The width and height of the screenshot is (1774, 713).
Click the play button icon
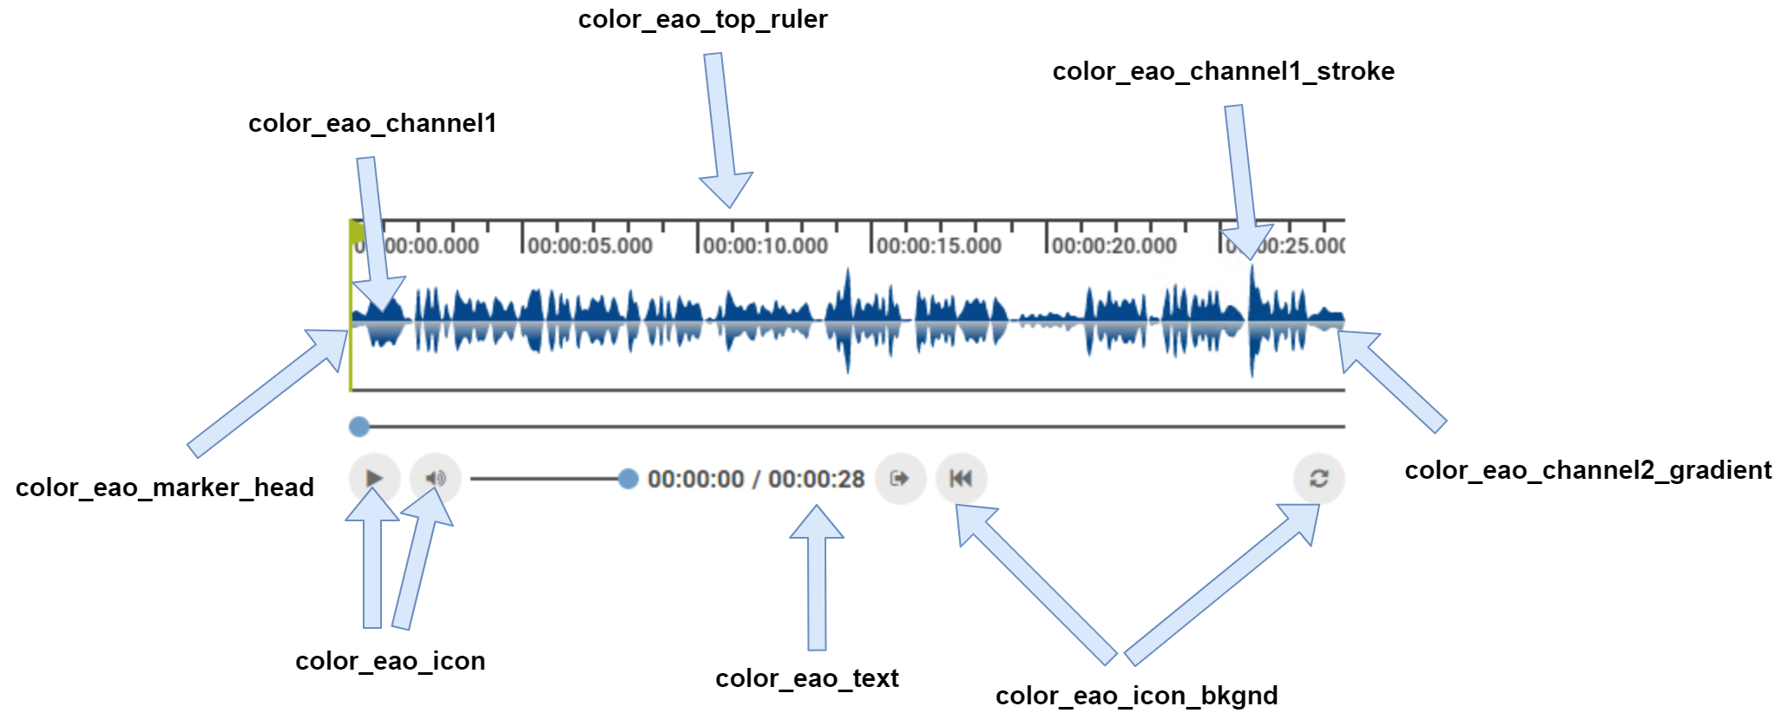(x=374, y=478)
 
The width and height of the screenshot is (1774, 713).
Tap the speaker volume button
(x=436, y=478)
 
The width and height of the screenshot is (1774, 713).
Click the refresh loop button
(x=1318, y=478)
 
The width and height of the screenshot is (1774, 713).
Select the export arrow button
(x=900, y=478)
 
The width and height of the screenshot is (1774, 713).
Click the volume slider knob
(x=627, y=478)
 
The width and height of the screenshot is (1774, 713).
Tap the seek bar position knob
(x=358, y=426)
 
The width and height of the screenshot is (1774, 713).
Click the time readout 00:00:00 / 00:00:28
(x=756, y=479)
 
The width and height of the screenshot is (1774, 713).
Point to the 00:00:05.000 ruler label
(x=590, y=246)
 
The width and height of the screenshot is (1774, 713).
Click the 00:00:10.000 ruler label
(x=765, y=246)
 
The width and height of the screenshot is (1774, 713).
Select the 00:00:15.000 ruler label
(x=939, y=246)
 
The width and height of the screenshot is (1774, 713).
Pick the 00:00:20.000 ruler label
(x=1114, y=246)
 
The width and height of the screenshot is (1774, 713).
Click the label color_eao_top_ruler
(x=702, y=19)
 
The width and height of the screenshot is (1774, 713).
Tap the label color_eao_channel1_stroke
(x=1223, y=71)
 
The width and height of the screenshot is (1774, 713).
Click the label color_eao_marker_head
(x=165, y=487)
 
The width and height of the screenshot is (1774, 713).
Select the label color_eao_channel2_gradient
(x=1587, y=470)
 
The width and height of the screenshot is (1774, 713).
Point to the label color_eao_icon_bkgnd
(x=1136, y=696)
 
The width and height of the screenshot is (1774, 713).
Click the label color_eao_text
(x=806, y=678)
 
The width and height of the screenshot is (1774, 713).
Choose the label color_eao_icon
(x=390, y=661)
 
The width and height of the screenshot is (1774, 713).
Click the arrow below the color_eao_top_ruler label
(x=723, y=130)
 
